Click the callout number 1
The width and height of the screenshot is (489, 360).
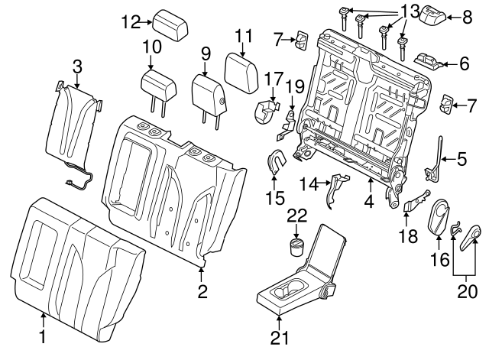pos(42,336)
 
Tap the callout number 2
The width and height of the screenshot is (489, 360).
pos(202,290)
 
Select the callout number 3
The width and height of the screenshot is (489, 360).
pos(77,66)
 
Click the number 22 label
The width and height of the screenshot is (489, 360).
pos(296,216)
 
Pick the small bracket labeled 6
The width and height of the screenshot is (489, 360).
pos(429,58)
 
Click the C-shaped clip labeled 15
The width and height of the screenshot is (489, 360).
pos(276,161)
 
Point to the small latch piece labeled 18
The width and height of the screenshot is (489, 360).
pos(413,202)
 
